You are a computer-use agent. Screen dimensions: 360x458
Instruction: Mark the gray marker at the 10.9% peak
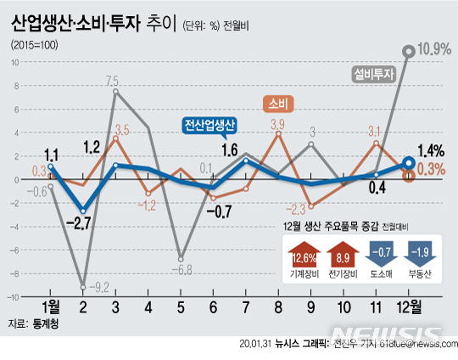409,52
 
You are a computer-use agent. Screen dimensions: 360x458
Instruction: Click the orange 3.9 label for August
276,125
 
